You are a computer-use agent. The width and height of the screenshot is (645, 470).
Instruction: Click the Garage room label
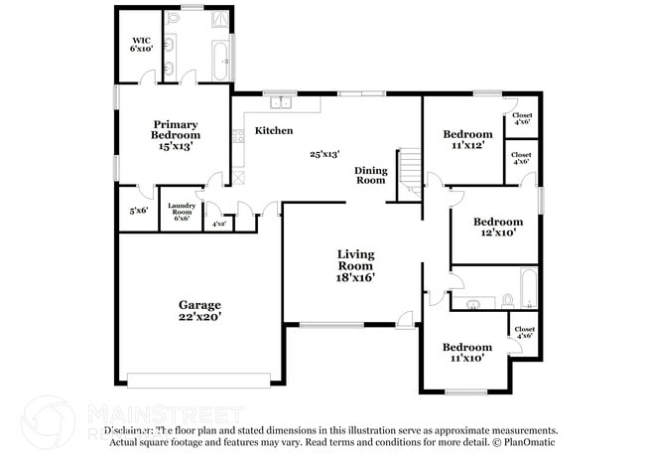(199, 310)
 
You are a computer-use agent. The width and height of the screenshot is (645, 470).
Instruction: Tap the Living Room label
(354, 265)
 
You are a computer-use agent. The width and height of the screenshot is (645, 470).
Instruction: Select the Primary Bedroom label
(175, 134)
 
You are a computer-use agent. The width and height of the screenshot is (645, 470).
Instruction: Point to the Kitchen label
(274, 130)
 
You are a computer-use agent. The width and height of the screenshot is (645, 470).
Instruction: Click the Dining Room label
(370, 175)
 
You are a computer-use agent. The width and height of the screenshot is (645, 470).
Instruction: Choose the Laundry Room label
(181, 211)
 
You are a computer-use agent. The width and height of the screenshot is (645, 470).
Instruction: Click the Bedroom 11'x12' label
(467, 139)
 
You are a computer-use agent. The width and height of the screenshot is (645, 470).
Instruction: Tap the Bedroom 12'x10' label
(497, 227)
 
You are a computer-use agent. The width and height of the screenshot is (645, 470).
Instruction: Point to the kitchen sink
(279, 101)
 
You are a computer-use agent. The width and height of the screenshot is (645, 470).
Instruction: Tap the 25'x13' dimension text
(324, 154)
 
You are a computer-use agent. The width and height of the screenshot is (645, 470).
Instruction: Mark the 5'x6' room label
(138, 211)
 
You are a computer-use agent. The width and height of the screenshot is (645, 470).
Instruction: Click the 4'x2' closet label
(217, 224)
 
